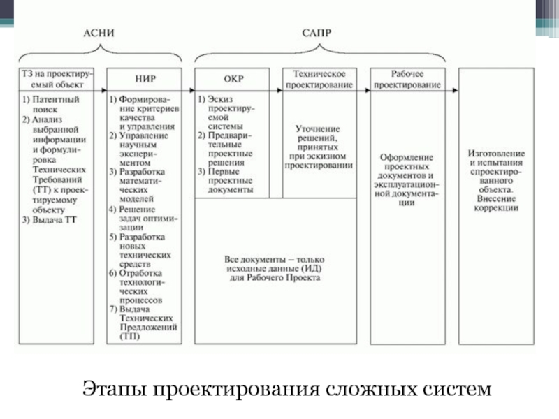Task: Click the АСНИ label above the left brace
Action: click(99, 33)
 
